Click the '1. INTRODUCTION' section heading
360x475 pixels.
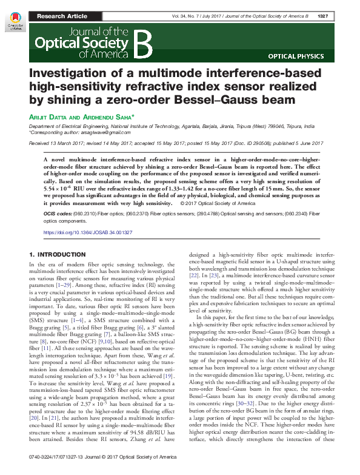click(x=58, y=254)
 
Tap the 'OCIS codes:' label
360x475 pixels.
click(x=56, y=214)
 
